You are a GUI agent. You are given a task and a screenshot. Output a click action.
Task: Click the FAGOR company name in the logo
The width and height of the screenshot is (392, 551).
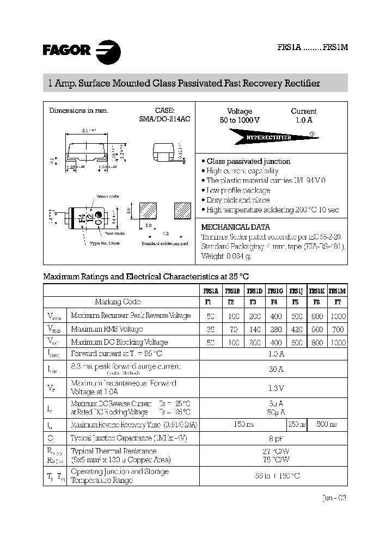click(66, 51)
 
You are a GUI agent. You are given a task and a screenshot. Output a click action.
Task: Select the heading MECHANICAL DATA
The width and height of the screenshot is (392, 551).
click(235, 227)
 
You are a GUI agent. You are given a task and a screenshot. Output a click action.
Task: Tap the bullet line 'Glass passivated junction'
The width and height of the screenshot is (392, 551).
click(248, 162)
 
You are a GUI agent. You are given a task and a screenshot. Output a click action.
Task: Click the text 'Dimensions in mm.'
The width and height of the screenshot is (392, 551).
click(79, 111)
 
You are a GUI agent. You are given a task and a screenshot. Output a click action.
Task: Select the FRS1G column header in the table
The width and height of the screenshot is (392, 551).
click(275, 291)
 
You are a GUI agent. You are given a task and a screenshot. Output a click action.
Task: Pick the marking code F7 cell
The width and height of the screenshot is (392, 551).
click(338, 302)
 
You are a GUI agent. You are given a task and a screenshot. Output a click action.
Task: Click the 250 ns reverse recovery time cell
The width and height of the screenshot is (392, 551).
click(297, 424)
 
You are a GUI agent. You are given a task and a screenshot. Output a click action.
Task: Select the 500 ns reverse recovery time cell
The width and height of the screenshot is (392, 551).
click(327, 424)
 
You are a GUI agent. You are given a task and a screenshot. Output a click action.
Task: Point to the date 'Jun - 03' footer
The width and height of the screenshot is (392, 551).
click(333, 498)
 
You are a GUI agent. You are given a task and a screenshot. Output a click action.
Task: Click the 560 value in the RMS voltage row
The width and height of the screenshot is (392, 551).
click(317, 329)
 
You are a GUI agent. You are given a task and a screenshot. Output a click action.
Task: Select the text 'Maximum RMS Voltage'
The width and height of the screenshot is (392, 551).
click(107, 329)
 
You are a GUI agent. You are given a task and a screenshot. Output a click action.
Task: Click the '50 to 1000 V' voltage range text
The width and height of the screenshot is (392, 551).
click(240, 120)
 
